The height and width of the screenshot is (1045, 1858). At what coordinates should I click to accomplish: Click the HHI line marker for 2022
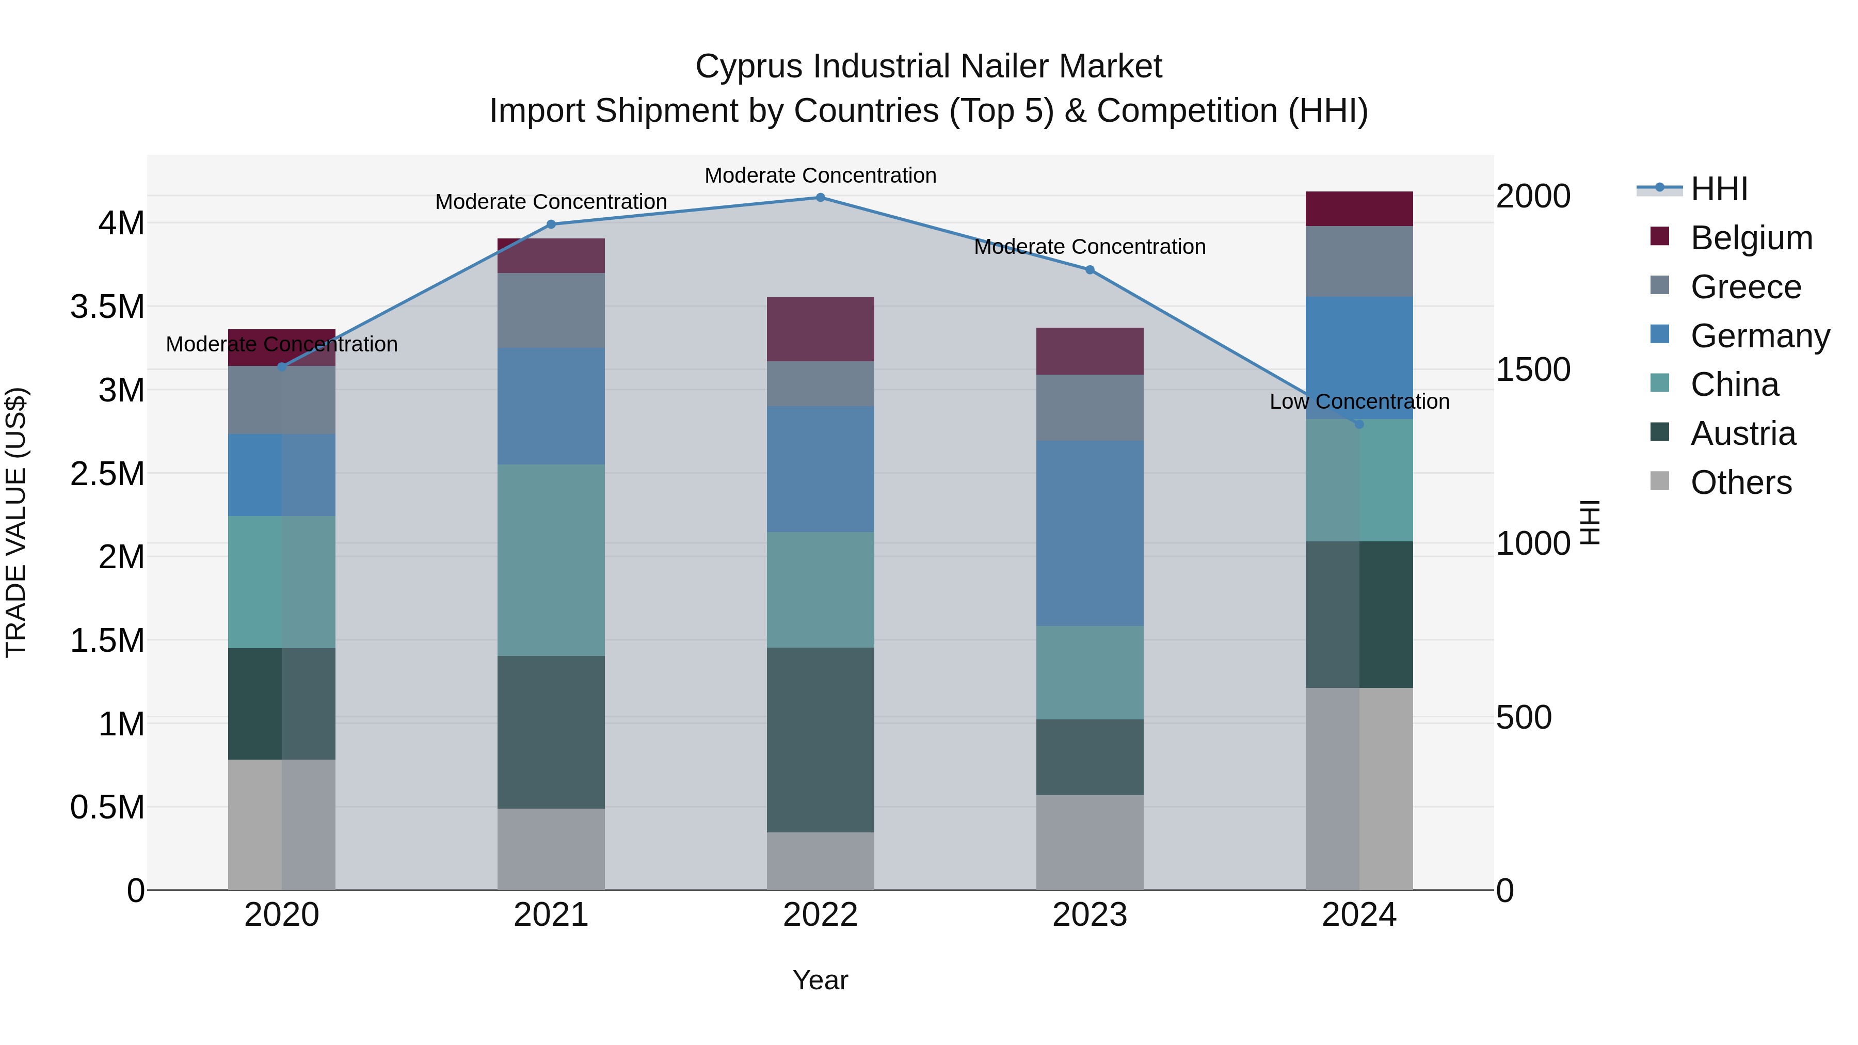click(x=820, y=197)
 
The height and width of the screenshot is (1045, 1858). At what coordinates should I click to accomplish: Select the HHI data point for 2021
click(x=551, y=224)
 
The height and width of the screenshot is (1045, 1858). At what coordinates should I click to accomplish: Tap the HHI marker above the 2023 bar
click(x=1090, y=270)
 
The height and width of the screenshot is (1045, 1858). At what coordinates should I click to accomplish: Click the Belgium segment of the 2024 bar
click(x=1359, y=208)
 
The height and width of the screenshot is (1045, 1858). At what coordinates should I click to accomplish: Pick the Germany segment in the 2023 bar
click(x=1090, y=533)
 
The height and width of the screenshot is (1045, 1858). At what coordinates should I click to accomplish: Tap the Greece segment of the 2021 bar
click(x=551, y=310)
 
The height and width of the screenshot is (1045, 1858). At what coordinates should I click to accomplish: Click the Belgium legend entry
click(x=1751, y=238)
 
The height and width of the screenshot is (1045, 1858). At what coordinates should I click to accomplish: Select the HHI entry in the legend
click(x=1719, y=189)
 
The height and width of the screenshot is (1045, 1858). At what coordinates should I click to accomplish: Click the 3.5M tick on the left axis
click(x=107, y=307)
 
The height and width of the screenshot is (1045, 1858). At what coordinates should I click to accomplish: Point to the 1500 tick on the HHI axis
click(x=1533, y=369)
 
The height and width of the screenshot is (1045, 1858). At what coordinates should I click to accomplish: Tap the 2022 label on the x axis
click(x=820, y=915)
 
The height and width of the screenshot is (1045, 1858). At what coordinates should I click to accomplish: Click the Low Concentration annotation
click(x=1359, y=401)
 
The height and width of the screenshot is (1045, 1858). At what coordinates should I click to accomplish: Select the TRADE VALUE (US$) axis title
click(x=16, y=522)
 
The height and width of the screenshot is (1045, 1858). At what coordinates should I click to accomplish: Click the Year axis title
click(x=820, y=980)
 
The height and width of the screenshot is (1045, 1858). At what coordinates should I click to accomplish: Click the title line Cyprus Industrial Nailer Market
click(x=928, y=67)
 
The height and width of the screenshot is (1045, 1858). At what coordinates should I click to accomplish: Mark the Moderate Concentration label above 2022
click(x=820, y=175)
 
